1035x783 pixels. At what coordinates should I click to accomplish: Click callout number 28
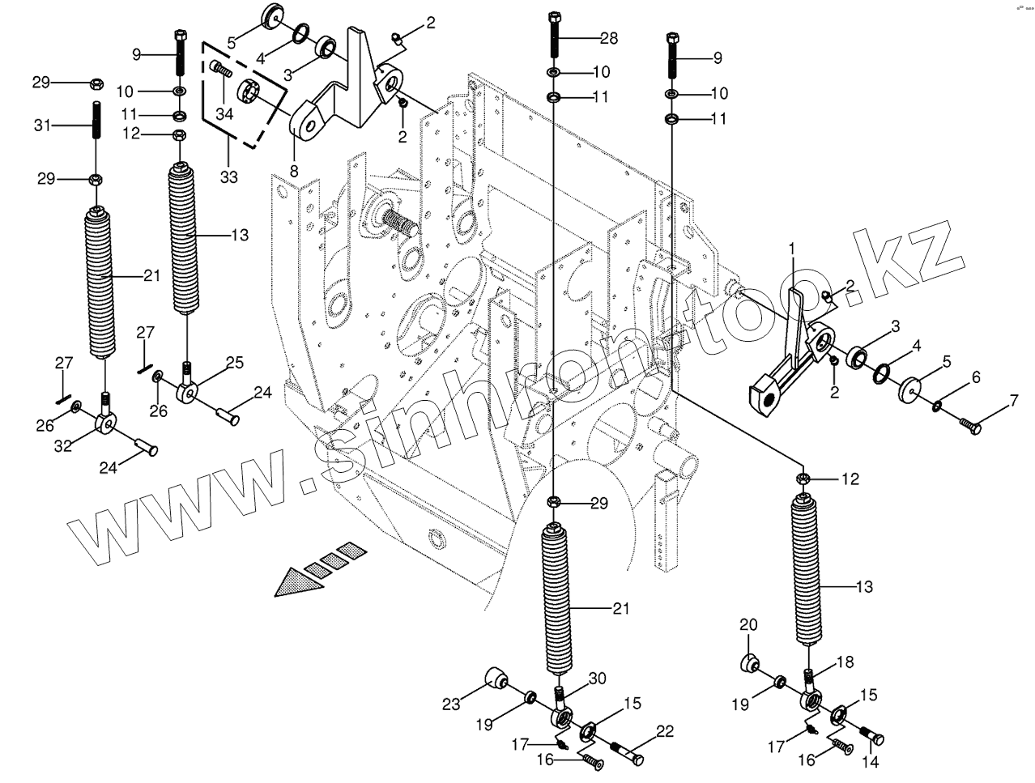point(607,38)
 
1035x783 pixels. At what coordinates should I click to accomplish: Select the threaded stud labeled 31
point(96,121)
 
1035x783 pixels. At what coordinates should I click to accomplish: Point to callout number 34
point(224,115)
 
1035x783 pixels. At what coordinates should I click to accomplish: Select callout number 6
point(976,377)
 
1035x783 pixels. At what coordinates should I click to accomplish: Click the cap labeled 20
point(749,662)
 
